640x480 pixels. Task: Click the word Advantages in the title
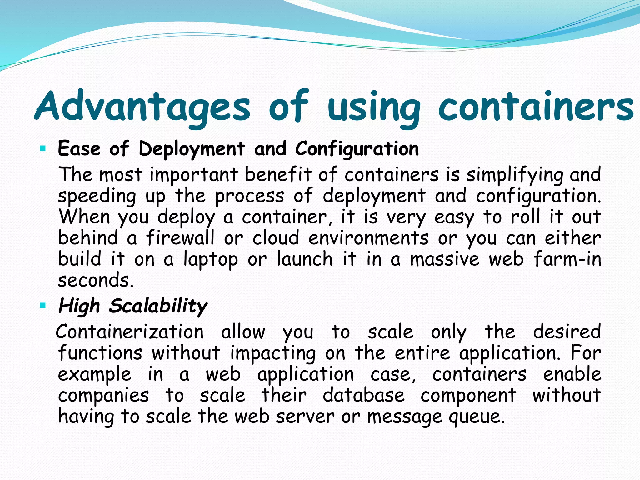point(142,106)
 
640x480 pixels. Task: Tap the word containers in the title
point(536,106)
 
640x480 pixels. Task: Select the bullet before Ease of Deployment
point(43,148)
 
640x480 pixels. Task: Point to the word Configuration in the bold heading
point(357,149)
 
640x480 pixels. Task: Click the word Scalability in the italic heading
point(158,306)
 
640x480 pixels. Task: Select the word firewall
point(180,238)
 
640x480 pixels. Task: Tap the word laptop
point(211,259)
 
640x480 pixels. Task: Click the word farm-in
point(567,259)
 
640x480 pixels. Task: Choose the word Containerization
point(130,332)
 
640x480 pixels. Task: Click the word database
point(363,396)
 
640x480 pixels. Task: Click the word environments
point(368,238)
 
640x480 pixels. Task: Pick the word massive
point(445,259)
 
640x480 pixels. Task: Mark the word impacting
point(273,353)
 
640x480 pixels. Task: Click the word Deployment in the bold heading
point(192,149)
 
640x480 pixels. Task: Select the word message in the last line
point(405,417)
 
